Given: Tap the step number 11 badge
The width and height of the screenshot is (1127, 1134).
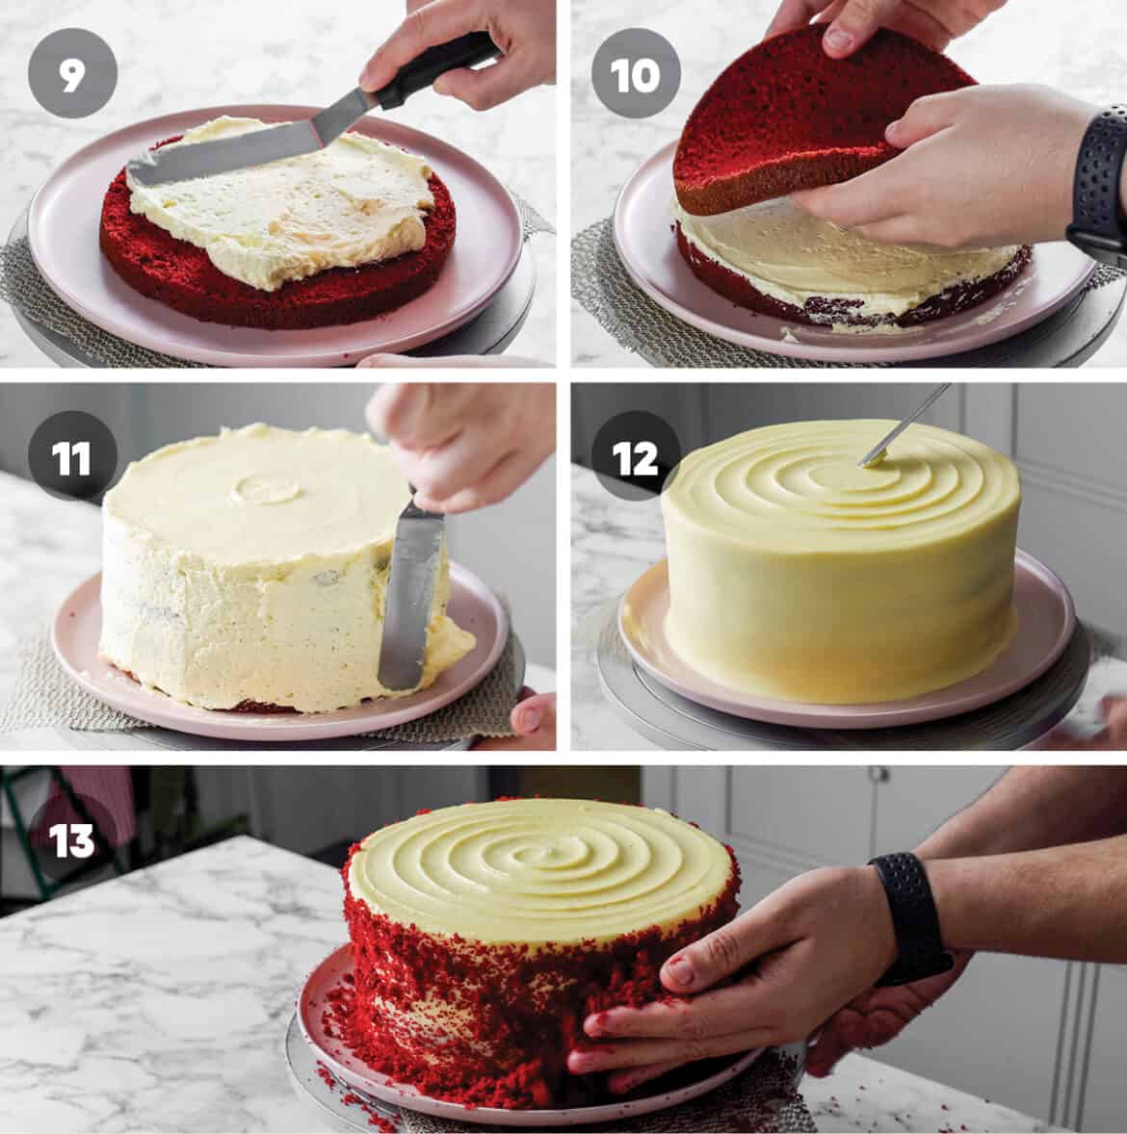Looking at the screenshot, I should pos(71,459).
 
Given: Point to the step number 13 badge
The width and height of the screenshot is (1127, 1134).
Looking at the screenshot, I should pos(71,839).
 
